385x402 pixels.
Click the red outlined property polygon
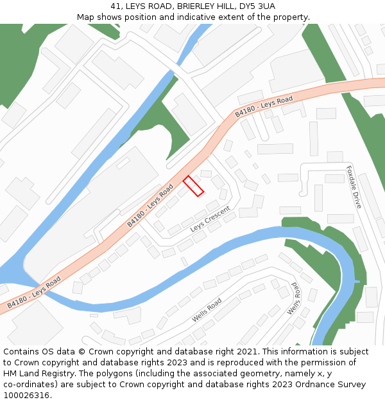point(194,186)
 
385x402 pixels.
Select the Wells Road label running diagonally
point(207,310)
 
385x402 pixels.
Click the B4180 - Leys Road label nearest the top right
point(264,106)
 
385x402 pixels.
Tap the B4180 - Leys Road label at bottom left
point(34,292)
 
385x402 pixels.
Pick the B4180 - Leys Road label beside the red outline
point(150,205)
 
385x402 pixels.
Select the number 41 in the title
point(115,6)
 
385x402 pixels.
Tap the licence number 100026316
point(26,395)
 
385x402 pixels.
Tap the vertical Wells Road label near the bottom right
point(294,298)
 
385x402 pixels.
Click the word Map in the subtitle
point(87,17)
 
